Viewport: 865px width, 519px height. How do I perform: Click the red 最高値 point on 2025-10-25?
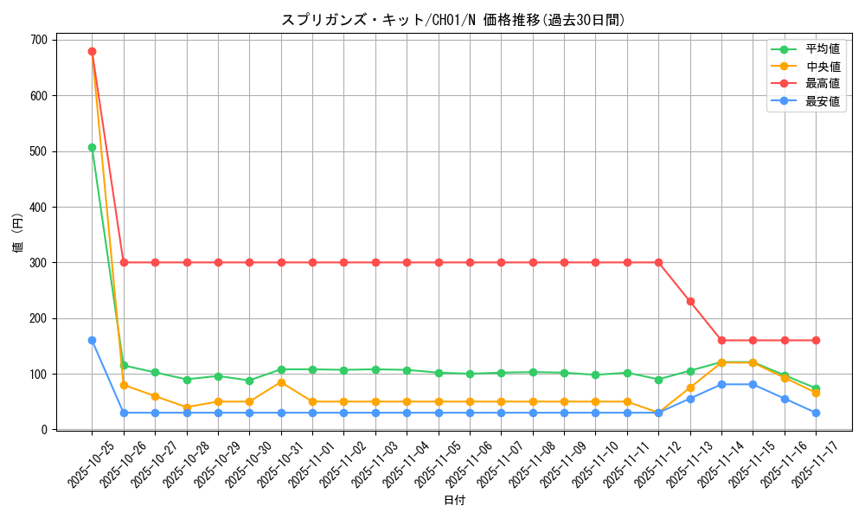pyautogui.click(x=92, y=51)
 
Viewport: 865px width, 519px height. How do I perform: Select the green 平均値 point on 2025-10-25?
pyautogui.click(x=92, y=147)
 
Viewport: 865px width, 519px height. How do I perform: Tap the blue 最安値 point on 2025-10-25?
pyautogui.click(x=92, y=340)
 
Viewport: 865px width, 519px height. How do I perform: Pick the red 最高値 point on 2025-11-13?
pyautogui.click(x=690, y=301)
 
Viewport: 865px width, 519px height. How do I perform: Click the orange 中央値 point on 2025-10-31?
pyautogui.click(x=281, y=382)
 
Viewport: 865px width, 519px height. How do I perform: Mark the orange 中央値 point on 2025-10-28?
pyautogui.click(x=187, y=407)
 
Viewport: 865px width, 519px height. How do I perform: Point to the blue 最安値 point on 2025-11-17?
pyautogui.click(x=816, y=413)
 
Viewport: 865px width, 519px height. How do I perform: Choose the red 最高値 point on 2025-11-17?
pyautogui.click(x=816, y=340)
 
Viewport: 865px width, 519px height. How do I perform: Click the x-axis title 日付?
pyautogui.click(x=454, y=501)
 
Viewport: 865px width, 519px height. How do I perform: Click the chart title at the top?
pyautogui.click(x=453, y=20)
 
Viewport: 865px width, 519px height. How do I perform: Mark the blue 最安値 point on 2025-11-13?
pyautogui.click(x=690, y=399)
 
